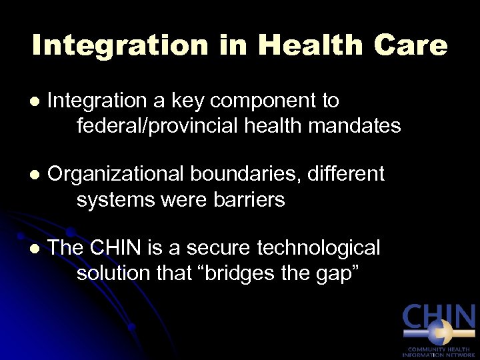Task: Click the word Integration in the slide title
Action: [x=120, y=45]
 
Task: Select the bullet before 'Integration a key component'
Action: [x=35, y=102]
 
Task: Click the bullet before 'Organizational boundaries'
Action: [x=35, y=175]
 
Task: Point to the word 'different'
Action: [x=353, y=174]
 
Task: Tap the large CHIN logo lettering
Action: [x=439, y=319]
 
